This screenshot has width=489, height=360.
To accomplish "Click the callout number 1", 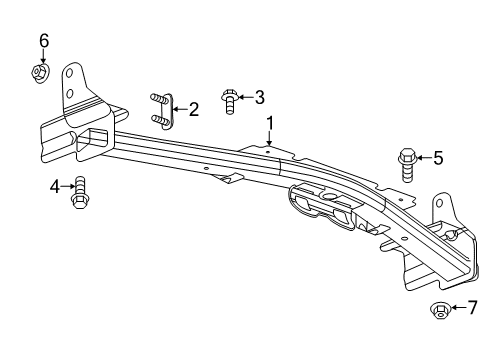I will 269,123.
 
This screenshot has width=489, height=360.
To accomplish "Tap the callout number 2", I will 194,108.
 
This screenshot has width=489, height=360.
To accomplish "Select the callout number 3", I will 259,97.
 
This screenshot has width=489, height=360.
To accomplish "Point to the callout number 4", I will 55,185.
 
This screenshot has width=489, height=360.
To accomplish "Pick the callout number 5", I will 437,157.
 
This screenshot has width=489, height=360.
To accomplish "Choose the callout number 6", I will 44,40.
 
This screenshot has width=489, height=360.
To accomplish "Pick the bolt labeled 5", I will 408,161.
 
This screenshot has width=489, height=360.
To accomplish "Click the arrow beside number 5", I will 423,157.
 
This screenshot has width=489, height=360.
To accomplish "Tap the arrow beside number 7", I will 458,308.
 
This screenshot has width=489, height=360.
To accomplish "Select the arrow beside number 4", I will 67,185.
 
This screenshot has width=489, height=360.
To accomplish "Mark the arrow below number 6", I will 44,56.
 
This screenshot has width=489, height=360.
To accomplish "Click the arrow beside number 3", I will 246,97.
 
